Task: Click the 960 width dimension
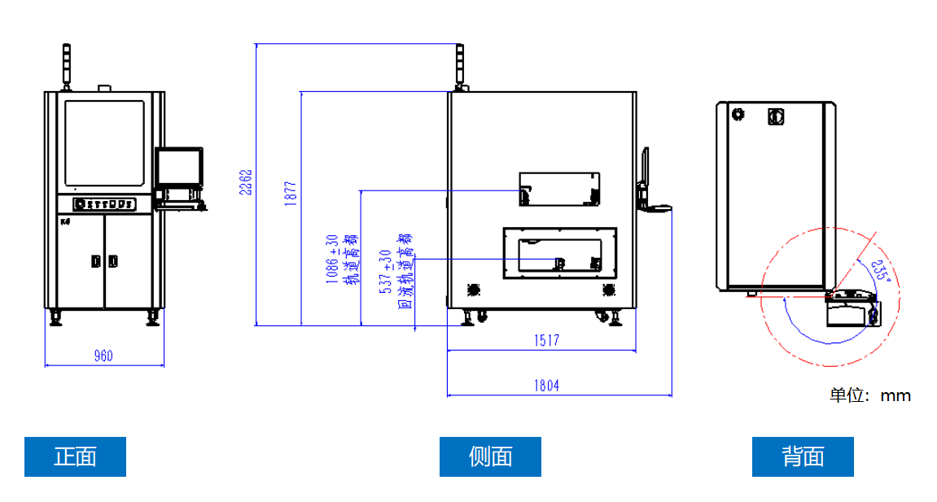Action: tap(103, 355)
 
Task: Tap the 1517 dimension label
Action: tap(547, 340)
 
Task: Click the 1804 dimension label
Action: tap(547, 385)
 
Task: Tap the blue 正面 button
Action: tap(75, 456)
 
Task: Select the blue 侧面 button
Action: tap(490, 456)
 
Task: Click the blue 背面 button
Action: tap(803, 456)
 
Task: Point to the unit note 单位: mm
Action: tap(870, 396)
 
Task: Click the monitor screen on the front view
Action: tap(179, 167)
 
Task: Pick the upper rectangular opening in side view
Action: tap(560, 189)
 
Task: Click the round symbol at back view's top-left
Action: tap(738, 115)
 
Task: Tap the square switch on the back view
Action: tap(775, 117)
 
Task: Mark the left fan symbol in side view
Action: tap(473, 289)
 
